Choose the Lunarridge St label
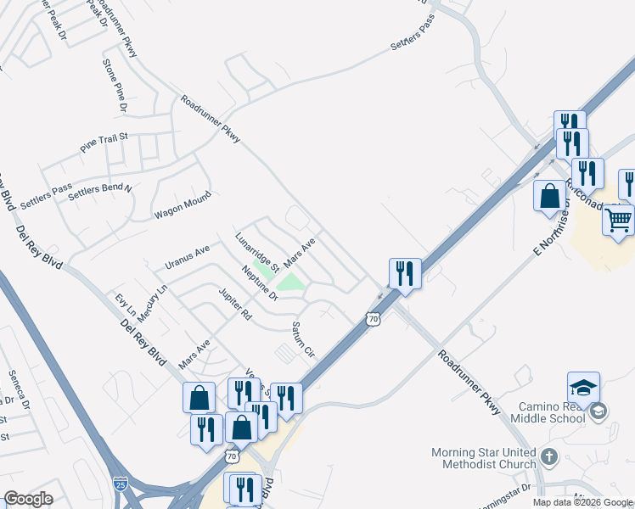258,251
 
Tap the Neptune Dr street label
260,283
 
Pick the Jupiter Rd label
235,304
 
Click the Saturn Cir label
303,338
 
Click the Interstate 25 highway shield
121,484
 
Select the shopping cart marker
619,219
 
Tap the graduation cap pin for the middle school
583,387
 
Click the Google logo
28,499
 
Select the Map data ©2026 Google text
582,502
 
